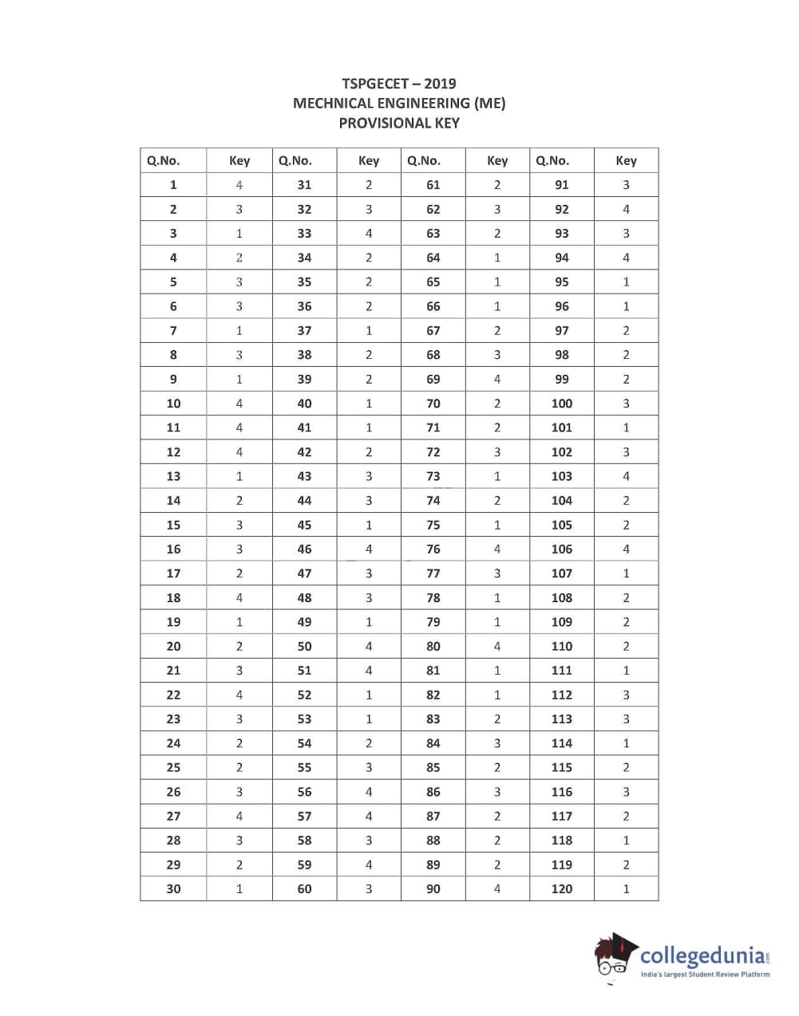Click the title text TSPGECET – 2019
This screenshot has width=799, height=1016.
point(399,83)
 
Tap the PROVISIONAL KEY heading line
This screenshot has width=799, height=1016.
point(399,123)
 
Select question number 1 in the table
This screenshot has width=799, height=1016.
point(173,185)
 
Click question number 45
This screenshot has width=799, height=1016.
point(304,525)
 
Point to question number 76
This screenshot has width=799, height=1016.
point(433,549)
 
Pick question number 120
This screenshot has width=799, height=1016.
point(562,888)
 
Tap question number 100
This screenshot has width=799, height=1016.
point(562,404)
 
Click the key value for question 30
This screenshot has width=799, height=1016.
point(239,888)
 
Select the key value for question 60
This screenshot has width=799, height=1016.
point(369,888)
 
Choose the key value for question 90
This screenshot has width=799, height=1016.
point(497,888)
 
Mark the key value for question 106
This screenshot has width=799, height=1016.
point(626,549)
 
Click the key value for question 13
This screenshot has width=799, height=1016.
point(239,476)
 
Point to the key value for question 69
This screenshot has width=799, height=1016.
point(497,379)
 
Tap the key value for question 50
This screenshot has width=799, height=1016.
point(369,646)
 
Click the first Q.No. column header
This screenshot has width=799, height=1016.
point(163,160)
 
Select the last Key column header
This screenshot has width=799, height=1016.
point(626,160)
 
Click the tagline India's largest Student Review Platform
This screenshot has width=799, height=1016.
point(706,975)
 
